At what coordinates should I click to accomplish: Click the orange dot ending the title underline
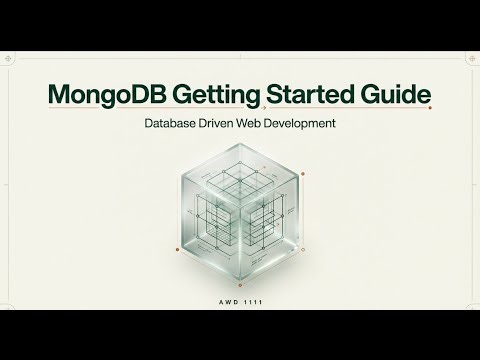point(435,111)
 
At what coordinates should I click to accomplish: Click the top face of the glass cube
point(239,170)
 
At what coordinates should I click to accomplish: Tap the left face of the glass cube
point(209,225)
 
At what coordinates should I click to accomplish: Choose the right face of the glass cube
point(270,225)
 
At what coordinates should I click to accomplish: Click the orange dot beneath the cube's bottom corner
point(239,285)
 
